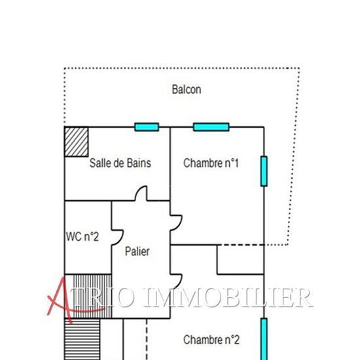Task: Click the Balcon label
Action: tap(187, 89)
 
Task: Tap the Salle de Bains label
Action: tap(120, 163)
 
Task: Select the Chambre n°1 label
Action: tap(211, 163)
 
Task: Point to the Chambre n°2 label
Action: tap(211, 340)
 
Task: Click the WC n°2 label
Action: tap(82, 236)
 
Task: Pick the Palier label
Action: tap(137, 251)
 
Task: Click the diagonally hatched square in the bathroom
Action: tap(77, 142)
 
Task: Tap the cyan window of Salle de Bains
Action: tap(147, 127)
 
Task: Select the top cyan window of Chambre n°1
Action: tap(211, 127)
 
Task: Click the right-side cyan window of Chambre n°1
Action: tap(264, 171)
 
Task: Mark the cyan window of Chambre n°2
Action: tap(264, 339)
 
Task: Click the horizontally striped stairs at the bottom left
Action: tap(82, 339)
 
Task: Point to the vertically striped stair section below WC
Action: tap(92, 296)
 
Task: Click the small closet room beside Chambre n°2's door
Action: tap(240, 260)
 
